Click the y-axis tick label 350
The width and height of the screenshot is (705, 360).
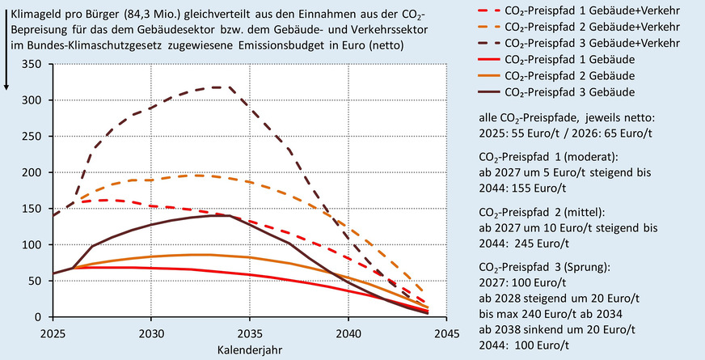(x=33, y=64)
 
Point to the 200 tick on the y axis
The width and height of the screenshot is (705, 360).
(x=33, y=172)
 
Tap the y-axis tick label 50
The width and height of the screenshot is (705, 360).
(x=36, y=281)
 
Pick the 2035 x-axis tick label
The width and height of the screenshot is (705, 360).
(x=250, y=332)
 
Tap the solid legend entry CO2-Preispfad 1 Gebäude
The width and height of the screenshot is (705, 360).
(x=555, y=59)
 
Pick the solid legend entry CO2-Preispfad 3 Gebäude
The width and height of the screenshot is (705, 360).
(x=555, y=91)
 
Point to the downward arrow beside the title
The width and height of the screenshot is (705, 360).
(x=6, y=49)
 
